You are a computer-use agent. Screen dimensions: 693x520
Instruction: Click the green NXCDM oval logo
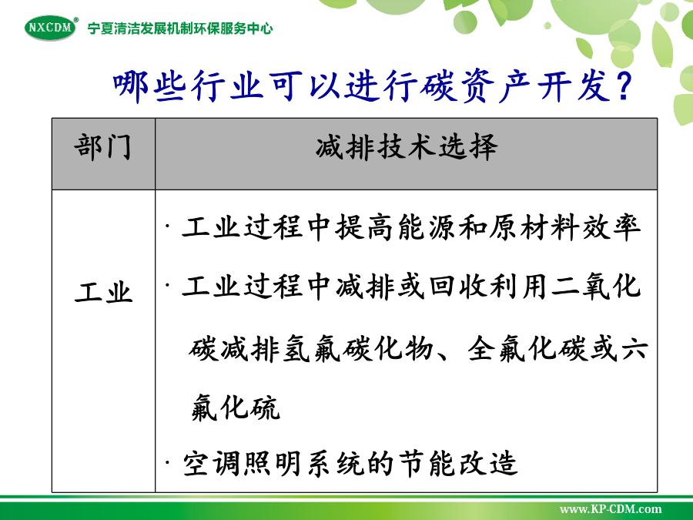click(52, 28)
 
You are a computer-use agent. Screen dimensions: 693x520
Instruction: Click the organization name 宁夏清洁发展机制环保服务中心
click(180, 29)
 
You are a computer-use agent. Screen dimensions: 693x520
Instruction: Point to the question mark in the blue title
click(623, 86)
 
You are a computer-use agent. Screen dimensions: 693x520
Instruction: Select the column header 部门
click(103, 147)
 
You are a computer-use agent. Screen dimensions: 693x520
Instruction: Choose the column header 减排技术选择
click(407, 147)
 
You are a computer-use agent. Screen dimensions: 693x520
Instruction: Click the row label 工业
click(103, 291)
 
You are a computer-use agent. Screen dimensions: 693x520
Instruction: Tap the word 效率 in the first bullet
click(611, 228)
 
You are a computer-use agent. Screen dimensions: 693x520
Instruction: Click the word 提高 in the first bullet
click(365, 228)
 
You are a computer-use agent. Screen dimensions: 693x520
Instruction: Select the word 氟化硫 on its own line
click(235, 408)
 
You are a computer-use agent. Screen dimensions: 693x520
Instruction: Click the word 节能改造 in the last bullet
click(458, 464)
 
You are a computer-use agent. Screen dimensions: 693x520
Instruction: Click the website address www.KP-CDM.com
click(611, 509)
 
